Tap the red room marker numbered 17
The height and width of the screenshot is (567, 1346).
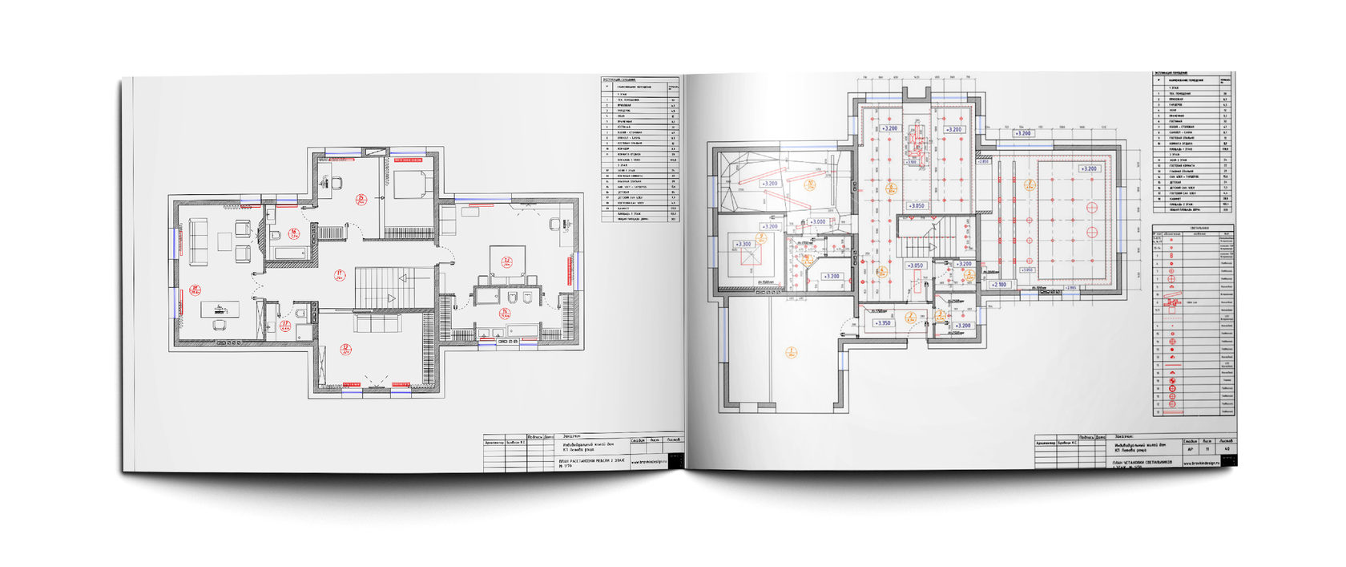click(x=284, y=326)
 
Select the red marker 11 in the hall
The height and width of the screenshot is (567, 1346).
click(x=340, y=275)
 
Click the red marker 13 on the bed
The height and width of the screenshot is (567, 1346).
click(x=507, y=261)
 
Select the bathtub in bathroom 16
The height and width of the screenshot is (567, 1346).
click(x=289, y=253)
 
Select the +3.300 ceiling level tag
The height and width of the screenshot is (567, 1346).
click(x=744, y=244)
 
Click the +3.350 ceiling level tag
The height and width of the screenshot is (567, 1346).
click(x=883, y=322)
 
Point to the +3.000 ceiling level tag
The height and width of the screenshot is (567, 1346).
click(x=817, y=221)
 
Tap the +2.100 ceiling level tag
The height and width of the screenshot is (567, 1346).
click(x=1000, y=285)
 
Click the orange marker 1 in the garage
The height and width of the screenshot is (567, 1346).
click(x=791, y=352)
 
